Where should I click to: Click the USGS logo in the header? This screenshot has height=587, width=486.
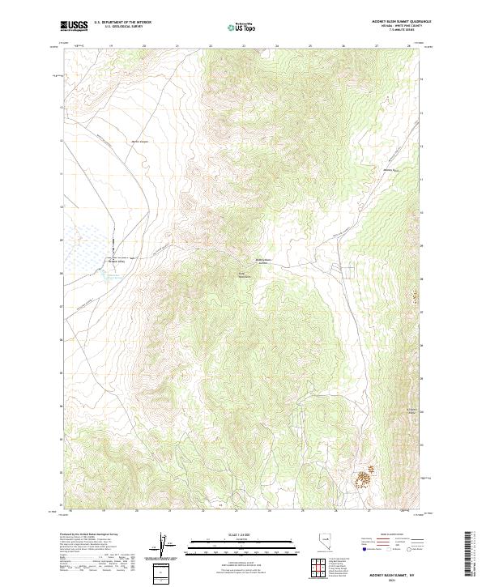(x=75, y=26)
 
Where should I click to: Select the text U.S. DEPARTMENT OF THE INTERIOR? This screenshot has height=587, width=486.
(x=122, y=22)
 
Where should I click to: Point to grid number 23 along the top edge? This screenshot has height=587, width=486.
(x=244, y=46)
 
